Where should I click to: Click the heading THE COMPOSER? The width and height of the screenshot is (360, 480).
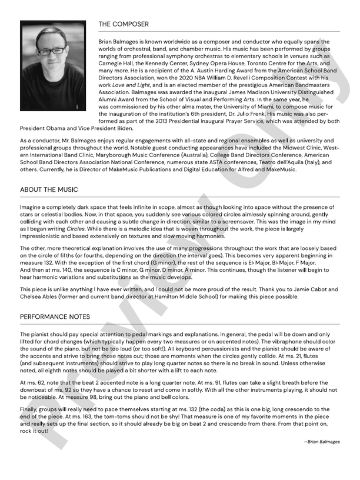click(124, 25)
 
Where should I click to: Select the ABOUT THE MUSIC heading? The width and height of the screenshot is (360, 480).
click(49, 190)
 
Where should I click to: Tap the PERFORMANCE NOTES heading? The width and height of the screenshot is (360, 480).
click(55, 316)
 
